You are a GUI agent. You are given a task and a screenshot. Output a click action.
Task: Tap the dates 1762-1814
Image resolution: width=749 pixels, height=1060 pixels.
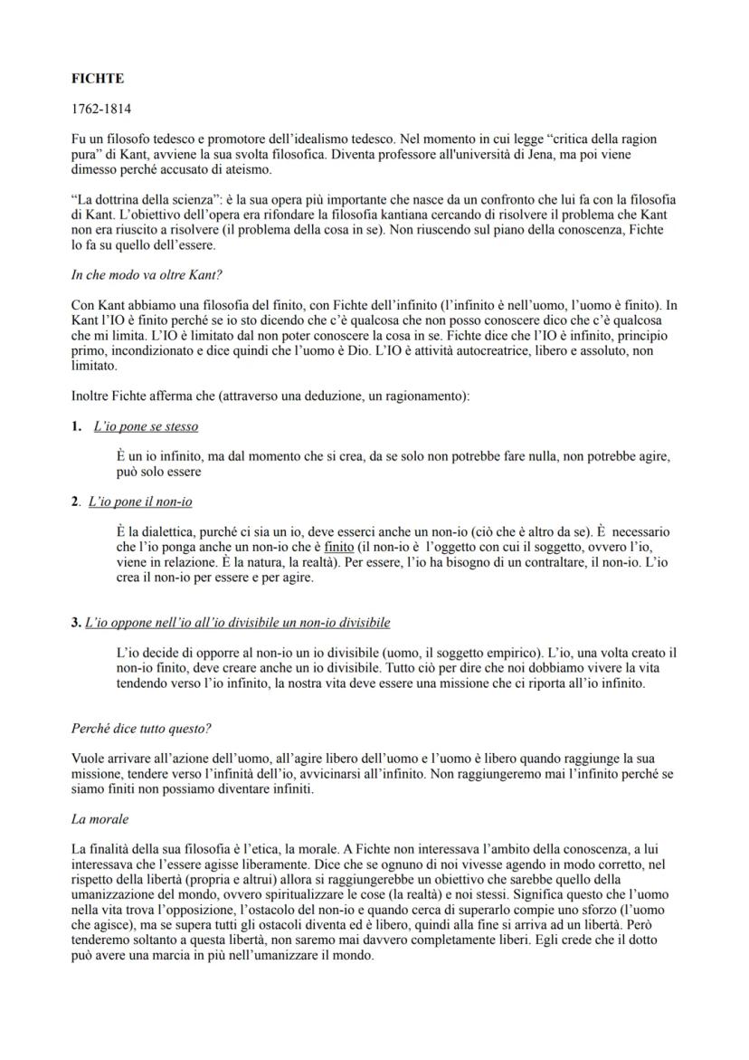(x=100, y=110)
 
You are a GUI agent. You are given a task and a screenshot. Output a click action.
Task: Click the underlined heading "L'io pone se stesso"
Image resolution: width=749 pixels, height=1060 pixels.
(x=146, y=426)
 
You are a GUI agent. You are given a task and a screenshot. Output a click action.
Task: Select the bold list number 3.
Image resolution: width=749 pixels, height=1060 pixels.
(x=75, y=624)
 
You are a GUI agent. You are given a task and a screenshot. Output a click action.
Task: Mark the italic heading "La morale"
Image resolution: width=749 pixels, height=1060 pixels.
(x=100, y=818)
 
